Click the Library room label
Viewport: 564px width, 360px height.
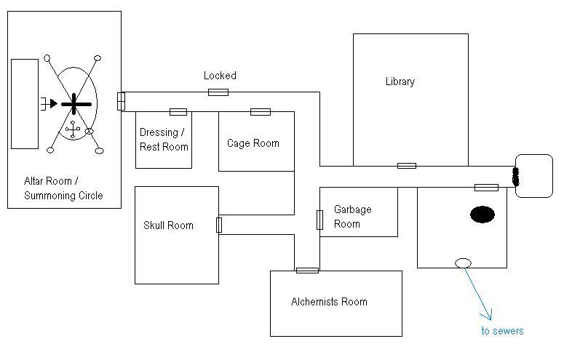[400, 81]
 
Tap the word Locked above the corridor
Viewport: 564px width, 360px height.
[220, 76]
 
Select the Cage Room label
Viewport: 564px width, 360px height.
[253, 143]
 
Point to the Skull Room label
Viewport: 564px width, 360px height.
[168, 225]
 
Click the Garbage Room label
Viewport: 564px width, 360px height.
[352, 216]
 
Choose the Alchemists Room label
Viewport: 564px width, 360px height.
[329, 302]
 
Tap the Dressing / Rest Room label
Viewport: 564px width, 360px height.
[164, 140]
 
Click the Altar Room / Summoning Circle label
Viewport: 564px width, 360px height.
[63, 188]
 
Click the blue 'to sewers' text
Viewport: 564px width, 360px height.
[502, 331]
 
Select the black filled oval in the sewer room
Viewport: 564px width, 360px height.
[482, 215]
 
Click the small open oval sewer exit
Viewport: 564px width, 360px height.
[463, 263]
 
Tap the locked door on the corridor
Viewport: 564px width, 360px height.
[218, 92]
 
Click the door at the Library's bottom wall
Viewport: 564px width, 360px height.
[406, 166]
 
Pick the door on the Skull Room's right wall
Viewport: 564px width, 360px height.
[219, 225]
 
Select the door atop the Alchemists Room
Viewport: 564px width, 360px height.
[307, 271]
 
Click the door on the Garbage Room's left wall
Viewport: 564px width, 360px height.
[319, 220]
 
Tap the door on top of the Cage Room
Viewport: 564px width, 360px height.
[261, 112]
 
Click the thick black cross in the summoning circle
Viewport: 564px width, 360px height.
[76, 105]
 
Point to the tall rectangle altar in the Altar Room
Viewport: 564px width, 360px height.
[25, 104]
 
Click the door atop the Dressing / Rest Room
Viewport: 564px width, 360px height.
[178, 112]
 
